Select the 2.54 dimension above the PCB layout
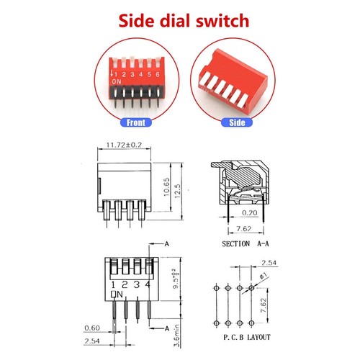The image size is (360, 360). click(x=269, y=264)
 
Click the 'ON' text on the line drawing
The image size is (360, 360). click(x=117, y=295)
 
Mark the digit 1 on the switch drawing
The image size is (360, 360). click(x=114, y=285)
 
